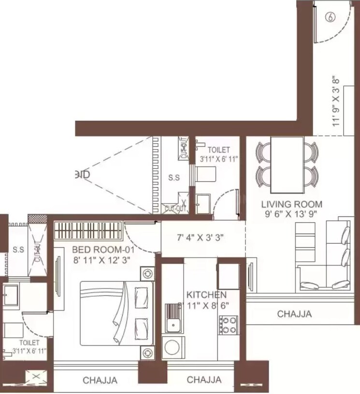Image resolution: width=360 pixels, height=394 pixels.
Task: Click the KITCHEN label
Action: tap(206, 294)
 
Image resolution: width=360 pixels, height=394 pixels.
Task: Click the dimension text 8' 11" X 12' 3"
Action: tap(102, 260)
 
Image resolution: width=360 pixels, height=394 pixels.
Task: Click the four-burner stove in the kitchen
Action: tap(228, 325)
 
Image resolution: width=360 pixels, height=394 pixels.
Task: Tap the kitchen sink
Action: tap(172, 319)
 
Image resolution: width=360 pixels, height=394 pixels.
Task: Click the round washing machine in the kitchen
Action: tap(172, 347)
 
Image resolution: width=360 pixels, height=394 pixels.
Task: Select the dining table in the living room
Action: tap(287, 164)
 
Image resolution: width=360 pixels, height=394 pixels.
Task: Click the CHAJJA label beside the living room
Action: tap(294, 314)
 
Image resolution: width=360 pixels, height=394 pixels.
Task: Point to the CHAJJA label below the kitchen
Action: tap(204, 380)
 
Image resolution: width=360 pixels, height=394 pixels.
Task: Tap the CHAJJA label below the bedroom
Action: tap(100, 380)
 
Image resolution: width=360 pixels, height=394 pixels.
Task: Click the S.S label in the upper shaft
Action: tap(174, 178)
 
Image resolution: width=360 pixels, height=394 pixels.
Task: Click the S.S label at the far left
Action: tap(18, 250)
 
